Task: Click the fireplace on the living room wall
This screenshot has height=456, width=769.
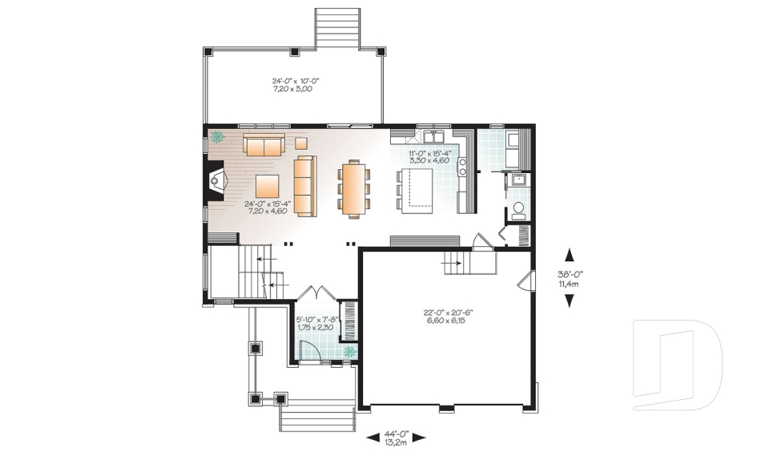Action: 214,182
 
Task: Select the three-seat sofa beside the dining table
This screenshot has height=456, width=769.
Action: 305,185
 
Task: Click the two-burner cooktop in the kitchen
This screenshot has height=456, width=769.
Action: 462,166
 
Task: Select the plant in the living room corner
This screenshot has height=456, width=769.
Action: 217,137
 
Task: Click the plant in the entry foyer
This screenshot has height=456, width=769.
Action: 349,351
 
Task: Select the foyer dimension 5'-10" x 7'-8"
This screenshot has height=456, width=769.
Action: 315,323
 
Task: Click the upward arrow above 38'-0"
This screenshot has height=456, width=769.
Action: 570,255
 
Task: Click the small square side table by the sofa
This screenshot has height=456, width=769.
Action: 301,143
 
